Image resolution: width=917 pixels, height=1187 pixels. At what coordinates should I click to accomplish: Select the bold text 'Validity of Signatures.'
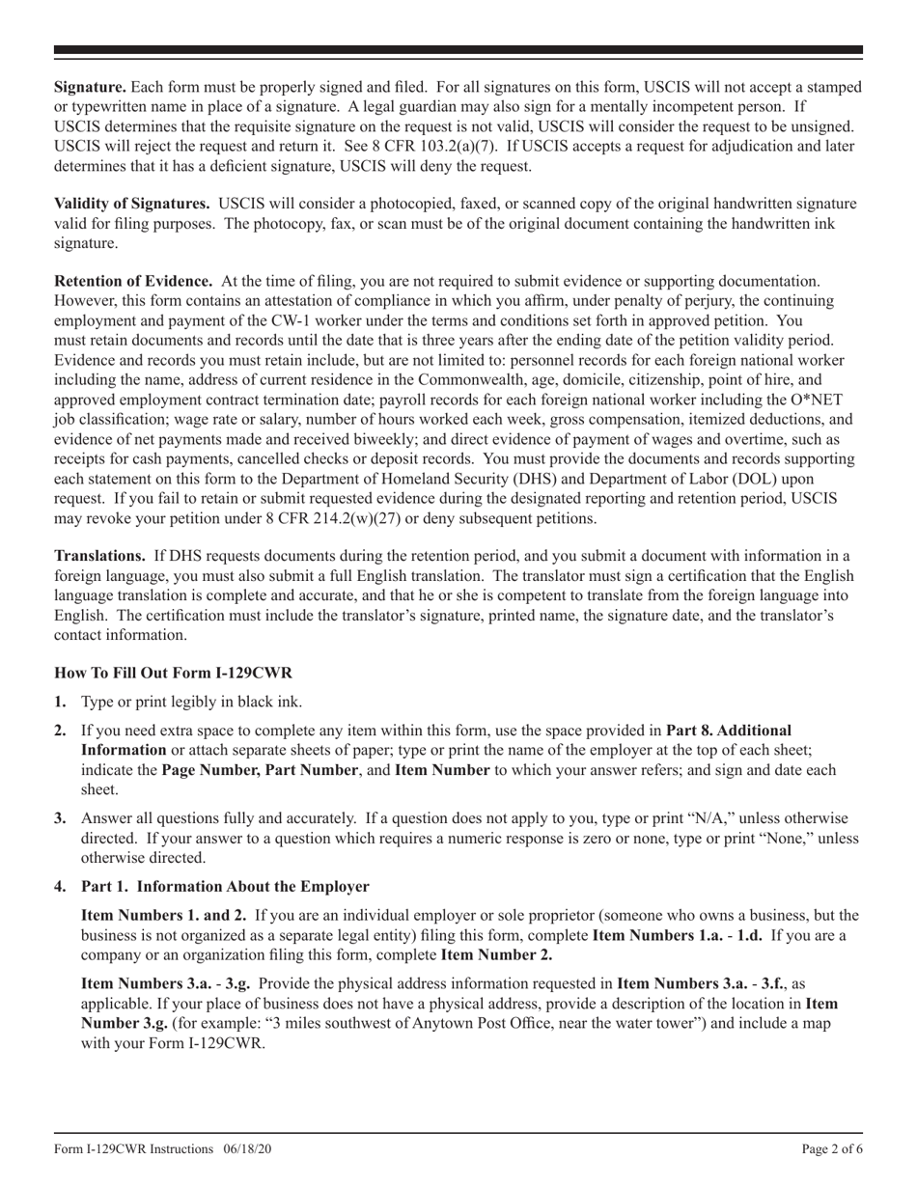[132, 204]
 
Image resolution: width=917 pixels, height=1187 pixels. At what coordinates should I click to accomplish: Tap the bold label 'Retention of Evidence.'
[133, 281]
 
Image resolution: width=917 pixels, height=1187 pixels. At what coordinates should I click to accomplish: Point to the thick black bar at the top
[458, 50]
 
